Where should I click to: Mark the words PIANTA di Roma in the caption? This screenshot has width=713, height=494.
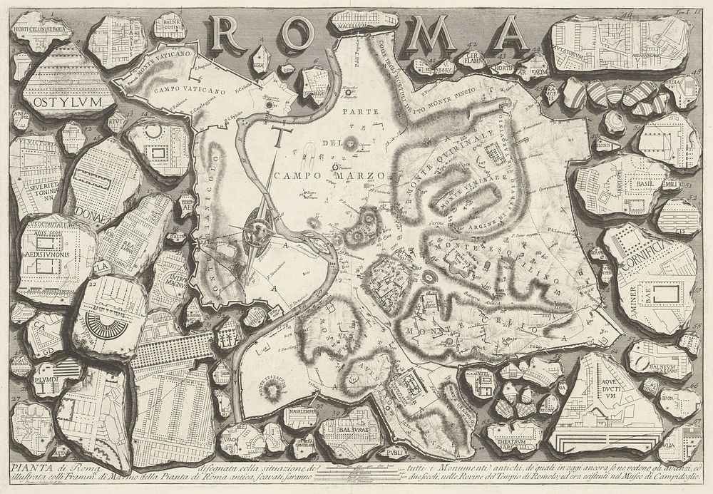coord(43,466)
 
